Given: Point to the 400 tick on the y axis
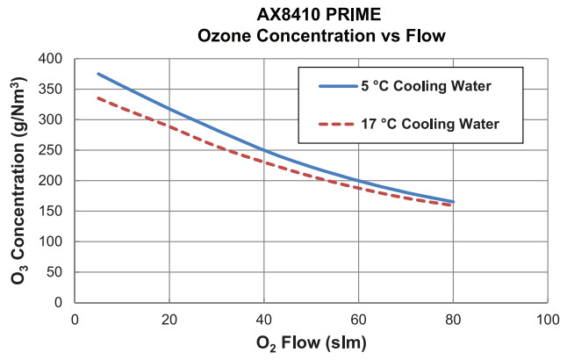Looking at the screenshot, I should [54, 59].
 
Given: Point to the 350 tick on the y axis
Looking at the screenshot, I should [54, 90].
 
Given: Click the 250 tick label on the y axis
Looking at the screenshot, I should [54, 150].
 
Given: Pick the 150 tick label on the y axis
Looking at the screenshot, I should [54, 211].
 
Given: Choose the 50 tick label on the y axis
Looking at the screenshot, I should [58, 272].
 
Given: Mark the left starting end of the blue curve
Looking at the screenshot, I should [98, 74].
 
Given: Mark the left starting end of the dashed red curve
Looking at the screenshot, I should [98, 98].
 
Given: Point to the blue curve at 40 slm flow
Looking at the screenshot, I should [264, 150].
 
